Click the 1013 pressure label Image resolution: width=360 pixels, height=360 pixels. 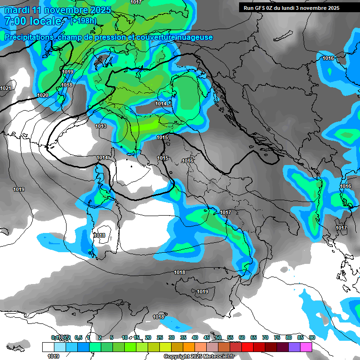101,126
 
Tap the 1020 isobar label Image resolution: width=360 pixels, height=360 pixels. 43,95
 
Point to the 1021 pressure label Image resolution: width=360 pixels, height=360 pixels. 6,88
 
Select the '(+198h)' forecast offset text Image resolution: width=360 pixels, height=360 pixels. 83,21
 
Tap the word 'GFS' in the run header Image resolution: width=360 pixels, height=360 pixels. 261,8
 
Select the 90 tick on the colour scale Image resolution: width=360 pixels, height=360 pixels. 312,337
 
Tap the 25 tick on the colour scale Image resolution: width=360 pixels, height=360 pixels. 160,337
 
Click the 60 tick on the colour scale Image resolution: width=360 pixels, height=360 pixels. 242,337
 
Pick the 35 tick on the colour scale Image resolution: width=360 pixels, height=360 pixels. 183,337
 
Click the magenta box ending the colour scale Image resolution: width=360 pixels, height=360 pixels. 306,347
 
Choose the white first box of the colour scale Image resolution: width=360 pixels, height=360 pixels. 48,347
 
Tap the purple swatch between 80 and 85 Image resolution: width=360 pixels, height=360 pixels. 294,347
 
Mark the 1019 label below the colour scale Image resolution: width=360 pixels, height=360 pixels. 53,356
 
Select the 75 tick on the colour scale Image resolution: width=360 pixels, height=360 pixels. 277,337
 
